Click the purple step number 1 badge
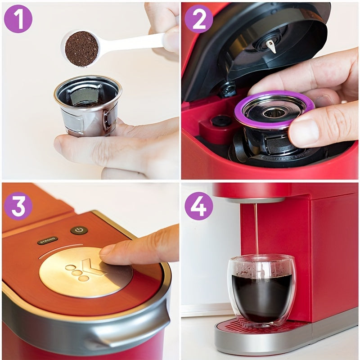point(18,19)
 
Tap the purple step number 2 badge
point(198,19)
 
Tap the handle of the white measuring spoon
point(135,43)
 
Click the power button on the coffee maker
point(79,230)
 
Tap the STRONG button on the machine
point(47,240)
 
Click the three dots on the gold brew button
point(77,273)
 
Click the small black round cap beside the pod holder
point(221,120)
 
